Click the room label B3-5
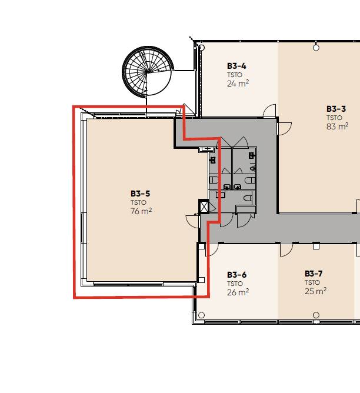pos(140,194)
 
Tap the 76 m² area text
pos(141,211)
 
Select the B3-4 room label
pos(236,66)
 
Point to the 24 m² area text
pos(238,84)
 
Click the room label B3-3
pos(336,109)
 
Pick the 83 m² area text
pos(337,126)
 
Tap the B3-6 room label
pos(236,275)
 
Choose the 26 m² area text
pos(238,292)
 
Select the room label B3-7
pos(314,274)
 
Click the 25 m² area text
pos(315,291)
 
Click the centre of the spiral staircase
pos(148,71)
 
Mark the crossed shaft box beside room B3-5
pos(204,207)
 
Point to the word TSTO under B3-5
pos(138,202)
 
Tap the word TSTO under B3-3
pos(334,118)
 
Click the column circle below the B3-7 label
pos(316,315)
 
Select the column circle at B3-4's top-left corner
pos(202,48)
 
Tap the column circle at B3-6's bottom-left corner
pos(201,315)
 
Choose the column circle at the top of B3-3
pos(316,48)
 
